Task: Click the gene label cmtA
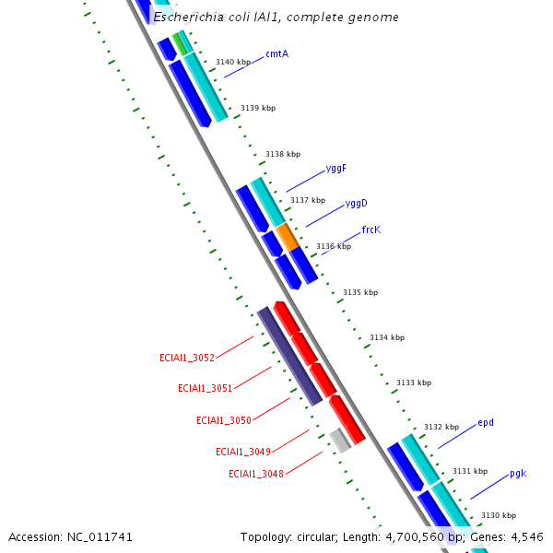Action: click(276, 53)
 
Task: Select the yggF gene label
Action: click(336, 169)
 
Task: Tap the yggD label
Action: click(356, 203)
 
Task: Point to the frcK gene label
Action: click(371, 229)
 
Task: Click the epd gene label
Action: click(486, 423)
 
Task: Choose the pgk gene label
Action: click(518, 474)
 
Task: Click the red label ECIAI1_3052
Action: click(186, 358)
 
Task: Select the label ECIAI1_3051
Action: click(205, 389)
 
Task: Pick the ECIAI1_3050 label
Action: click(223, 420)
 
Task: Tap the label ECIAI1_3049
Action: click(242, 452)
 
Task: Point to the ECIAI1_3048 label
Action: click(256, 474)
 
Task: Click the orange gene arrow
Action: click(288, 237)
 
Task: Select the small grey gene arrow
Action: click(340, 440)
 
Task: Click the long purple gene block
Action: click(289, 356)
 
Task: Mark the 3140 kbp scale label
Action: click(233, 63)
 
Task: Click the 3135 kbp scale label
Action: click(360, 292)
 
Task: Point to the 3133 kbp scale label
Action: click(414, 382)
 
